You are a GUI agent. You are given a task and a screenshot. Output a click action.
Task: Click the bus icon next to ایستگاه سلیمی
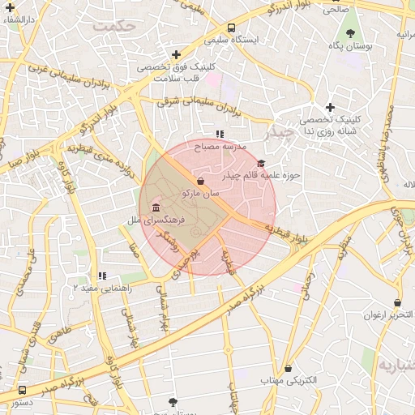coord(232,27)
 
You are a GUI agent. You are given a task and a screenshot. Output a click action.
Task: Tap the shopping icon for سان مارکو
coord(200,182)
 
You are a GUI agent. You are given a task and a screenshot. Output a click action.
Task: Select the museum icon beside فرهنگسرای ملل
coord(155,208)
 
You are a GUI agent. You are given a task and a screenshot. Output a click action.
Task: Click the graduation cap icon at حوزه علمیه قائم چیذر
coord(260,164)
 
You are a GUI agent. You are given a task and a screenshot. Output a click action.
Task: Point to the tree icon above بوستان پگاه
coord(350,33)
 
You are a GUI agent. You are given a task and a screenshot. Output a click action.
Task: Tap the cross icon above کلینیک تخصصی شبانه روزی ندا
coord(330,107)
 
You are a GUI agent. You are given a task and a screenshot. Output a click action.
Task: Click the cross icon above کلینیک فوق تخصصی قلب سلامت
coord(176,54)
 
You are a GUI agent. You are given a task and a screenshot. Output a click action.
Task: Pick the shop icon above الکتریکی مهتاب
coord(288,368)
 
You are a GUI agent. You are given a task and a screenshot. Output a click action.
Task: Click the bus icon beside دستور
coord(22,390)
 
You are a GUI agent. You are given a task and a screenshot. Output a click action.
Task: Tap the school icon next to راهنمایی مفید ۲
coord(102,276)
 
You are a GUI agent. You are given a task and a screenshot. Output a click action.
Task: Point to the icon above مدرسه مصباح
coord(220,134)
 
